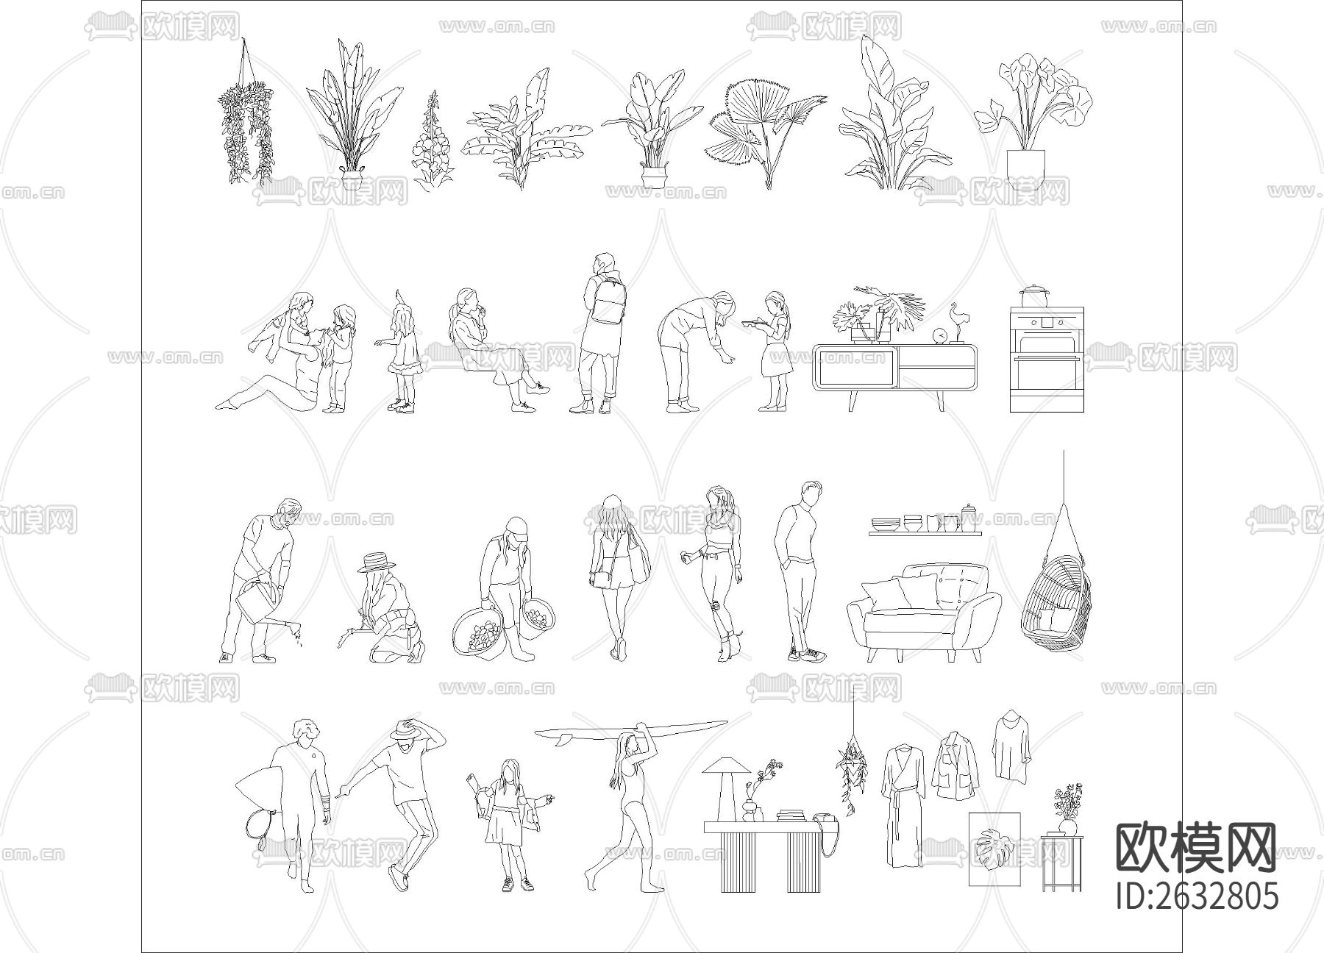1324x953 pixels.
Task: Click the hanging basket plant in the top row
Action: pos(246,118)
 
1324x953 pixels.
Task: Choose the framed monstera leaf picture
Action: pos(994,849)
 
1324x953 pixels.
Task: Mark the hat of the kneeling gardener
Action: pos(377,563)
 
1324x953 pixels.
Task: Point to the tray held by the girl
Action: pos(754,321)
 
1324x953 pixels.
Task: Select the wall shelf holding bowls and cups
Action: pos(925,532)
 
